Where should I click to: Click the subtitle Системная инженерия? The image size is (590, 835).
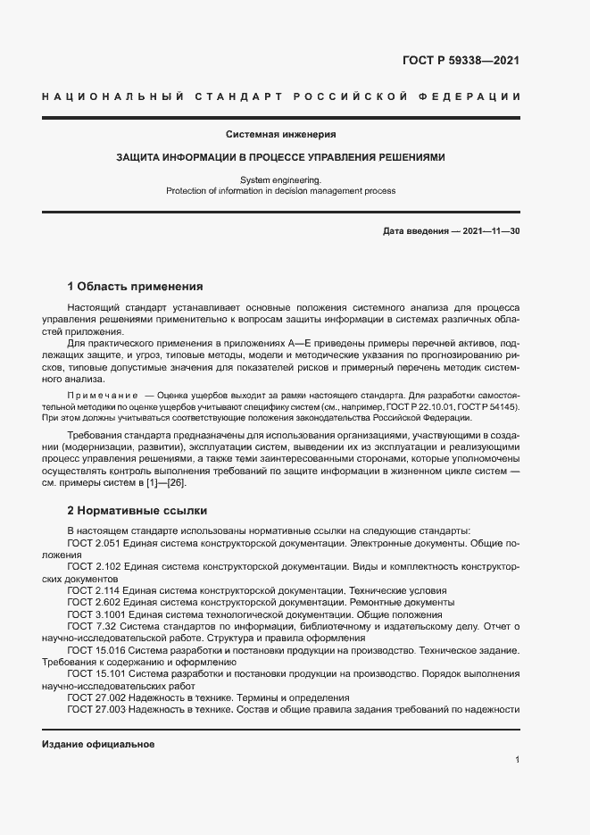tap(280, 135)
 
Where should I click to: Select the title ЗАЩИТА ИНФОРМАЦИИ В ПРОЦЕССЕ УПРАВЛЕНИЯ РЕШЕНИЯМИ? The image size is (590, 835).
tap(280, 157)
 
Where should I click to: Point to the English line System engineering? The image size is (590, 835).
tap(280, 180)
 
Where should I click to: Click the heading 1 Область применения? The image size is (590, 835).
tap(136, 287)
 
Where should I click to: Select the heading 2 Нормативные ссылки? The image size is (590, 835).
tap(137, 511)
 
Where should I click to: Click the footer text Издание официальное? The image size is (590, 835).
tap(98, 744)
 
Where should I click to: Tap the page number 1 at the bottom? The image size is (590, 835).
tap(518, 760)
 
